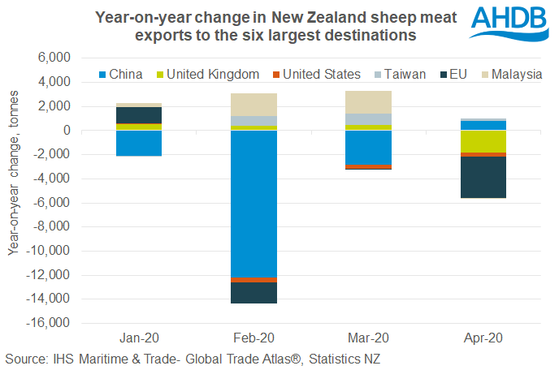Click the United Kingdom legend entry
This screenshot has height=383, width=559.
(x=210, y=74)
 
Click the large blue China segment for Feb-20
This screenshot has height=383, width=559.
(x=253, y=204)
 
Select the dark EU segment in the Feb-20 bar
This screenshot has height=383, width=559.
(x=253, y=293)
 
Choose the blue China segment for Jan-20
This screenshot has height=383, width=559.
(x=139, y=143)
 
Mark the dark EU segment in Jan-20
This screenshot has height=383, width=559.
(x=139, y=115)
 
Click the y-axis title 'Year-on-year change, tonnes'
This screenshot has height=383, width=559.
(x=15, y=191)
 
